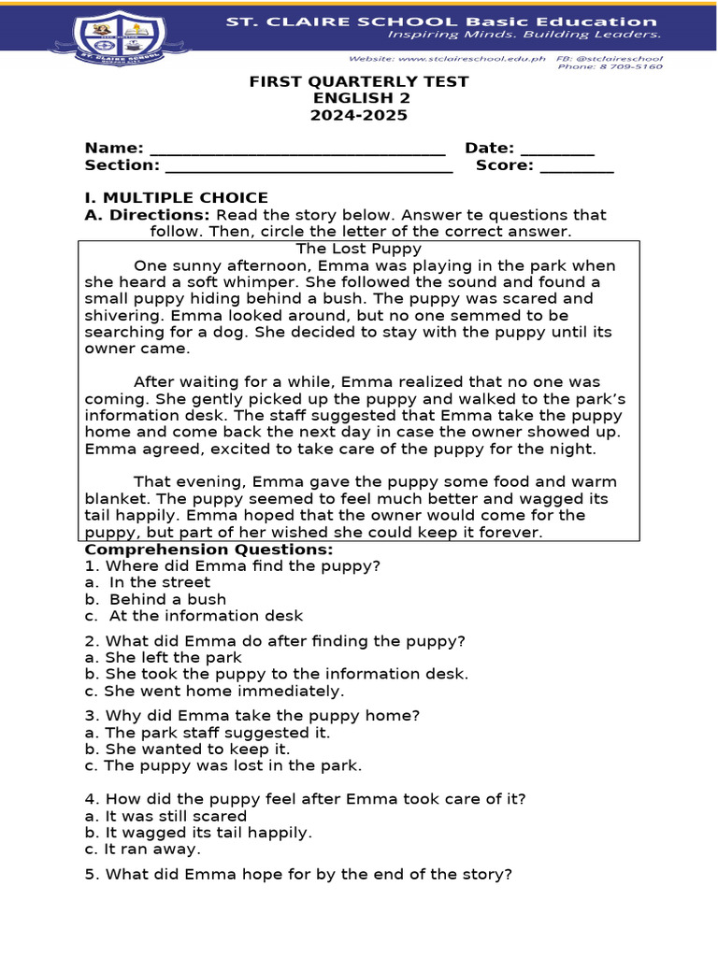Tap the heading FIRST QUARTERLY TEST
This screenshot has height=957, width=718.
359,82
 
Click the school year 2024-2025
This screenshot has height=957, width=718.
359,116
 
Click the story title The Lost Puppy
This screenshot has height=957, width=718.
359,249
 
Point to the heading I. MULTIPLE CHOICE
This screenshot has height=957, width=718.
176,198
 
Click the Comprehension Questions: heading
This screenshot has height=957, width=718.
208,550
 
